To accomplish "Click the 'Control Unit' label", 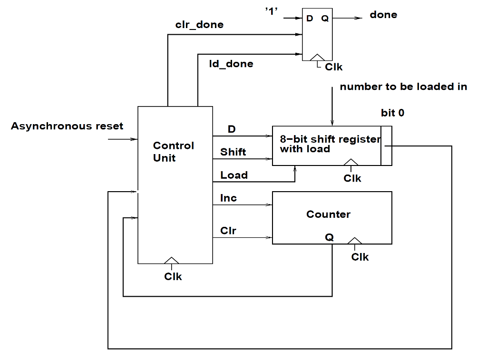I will tap(173, 152).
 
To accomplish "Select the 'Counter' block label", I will tap(328, 214).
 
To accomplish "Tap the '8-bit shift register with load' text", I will tap(330, 144).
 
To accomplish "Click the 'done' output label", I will tap(383, 15).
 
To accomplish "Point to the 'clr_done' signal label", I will tap(199, 25).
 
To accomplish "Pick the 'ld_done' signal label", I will tap(231, 64).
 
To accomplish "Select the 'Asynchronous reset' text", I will tap(67, 126).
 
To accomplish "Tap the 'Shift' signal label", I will tap(233, 152).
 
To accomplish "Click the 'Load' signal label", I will tap(234, 175).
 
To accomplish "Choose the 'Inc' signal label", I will tap(228, 198).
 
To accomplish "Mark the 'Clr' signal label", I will tap(228, 231).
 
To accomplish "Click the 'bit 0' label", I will tap(392, 113).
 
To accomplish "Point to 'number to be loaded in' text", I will tap(403, 87).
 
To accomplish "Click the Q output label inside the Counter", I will tap(329, 237).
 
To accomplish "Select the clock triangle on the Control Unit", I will tap(171, 260).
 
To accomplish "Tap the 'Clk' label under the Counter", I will tap(360, 257).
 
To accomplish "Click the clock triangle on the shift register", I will tap(351, 162).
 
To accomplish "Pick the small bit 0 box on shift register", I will tap(386, 146).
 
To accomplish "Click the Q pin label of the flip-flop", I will tap(324, 19).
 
